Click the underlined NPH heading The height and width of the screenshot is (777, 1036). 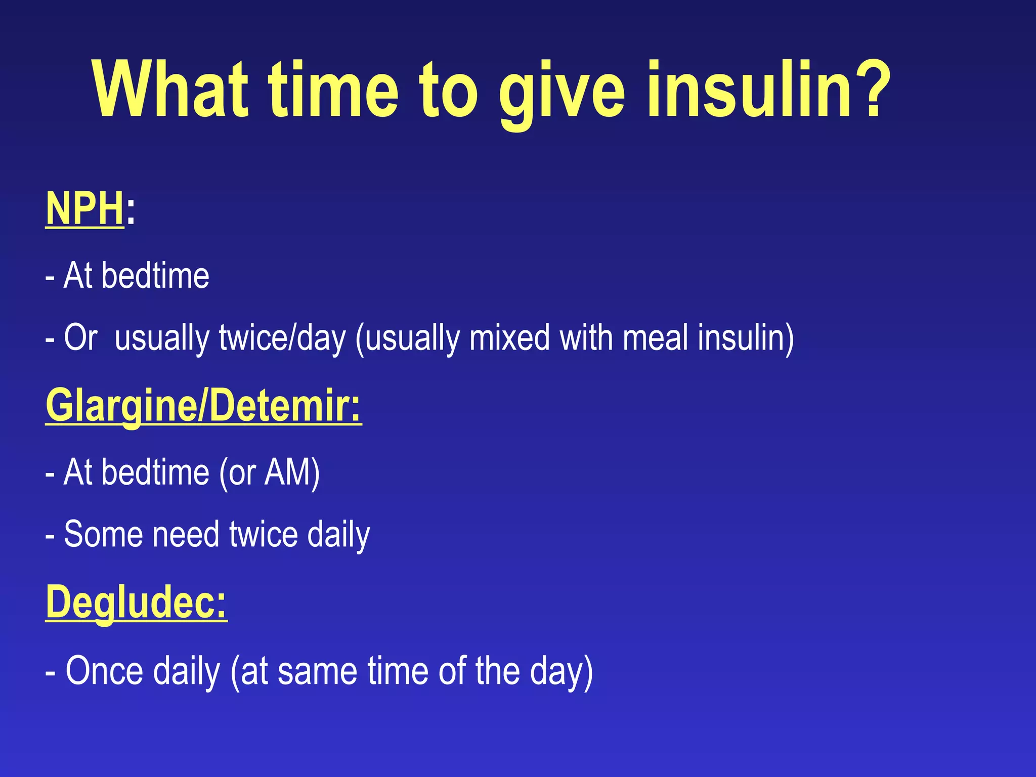[x=84, y=209]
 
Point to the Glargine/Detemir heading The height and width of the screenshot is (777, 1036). [x=203, y=406]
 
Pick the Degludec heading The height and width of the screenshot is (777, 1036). [x=136, y=602]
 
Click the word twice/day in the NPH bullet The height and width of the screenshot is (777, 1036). [x=282, y=338]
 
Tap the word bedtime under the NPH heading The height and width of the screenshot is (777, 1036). [x=155, y=276]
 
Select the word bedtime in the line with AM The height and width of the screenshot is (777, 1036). [x=155, y=472]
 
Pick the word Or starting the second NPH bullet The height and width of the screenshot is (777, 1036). [x=80, y=338]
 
